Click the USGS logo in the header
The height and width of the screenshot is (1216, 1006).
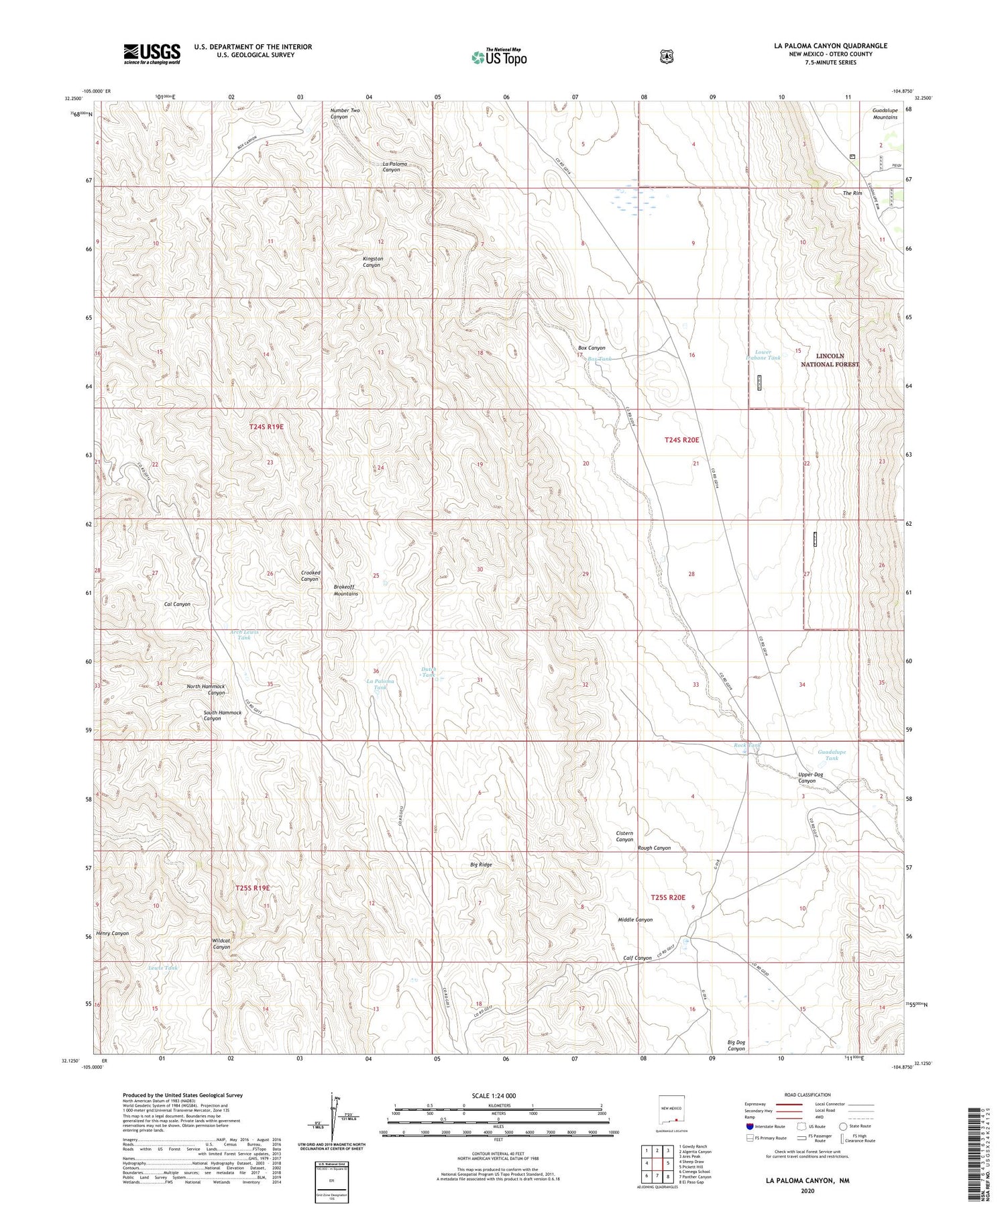coord(152,54)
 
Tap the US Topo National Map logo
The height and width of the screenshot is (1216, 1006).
coord(498,57)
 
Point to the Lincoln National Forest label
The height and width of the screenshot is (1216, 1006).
coord(830,360)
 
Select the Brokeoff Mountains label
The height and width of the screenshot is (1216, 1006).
coord(346,590)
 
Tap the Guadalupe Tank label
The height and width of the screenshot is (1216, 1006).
coord(832,755)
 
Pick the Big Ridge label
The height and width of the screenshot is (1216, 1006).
coord(481,865)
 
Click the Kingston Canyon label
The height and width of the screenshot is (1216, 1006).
coord(372,262)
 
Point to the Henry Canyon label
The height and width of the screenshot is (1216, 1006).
coord(112,933)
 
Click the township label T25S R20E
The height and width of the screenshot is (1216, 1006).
coord(668,897)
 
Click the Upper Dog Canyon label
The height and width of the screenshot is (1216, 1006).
coord(810,777)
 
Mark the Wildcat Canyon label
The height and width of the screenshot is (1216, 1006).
coord(221,944)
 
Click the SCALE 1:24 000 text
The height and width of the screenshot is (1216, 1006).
coord(498,1095)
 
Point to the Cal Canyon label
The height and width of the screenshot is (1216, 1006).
coord(177,604)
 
